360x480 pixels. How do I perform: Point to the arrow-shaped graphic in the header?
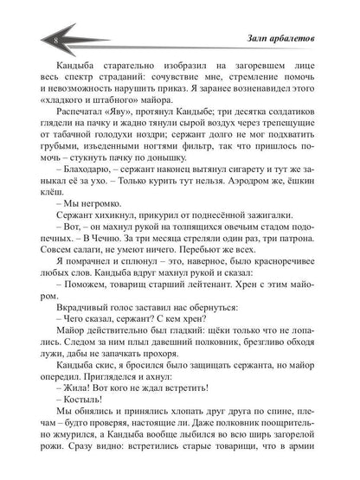click(130, 40)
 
